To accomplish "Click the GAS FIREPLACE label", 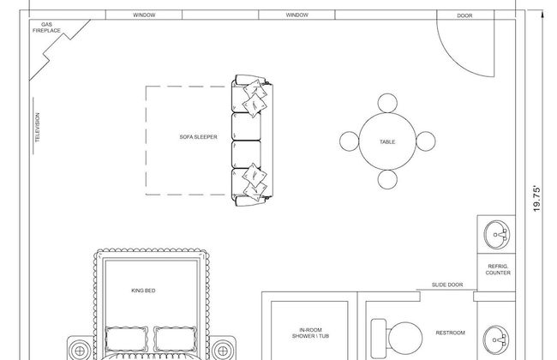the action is [46, 27].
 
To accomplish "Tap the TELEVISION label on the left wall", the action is [38, 128].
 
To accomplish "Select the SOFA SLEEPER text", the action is [198, 137].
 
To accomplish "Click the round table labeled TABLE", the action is [387, 141].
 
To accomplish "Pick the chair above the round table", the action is [387, 103].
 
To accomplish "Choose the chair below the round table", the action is [387, 179].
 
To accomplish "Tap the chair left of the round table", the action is [349, 141].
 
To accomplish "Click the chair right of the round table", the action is [426, 141].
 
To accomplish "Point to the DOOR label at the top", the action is [464, 15].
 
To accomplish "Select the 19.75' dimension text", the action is [536, 199].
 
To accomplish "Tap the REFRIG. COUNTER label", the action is [498, 269].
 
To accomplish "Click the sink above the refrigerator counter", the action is [496, 235].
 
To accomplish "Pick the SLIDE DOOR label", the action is [447, 285].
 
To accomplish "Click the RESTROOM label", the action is [450, 333].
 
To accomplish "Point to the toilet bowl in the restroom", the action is [405, 339].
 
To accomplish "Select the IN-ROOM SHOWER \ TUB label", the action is [310, 333].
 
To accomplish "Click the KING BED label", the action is [143, 291].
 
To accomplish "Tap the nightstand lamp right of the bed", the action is [223, 351].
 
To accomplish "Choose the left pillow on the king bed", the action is [127, 339].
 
